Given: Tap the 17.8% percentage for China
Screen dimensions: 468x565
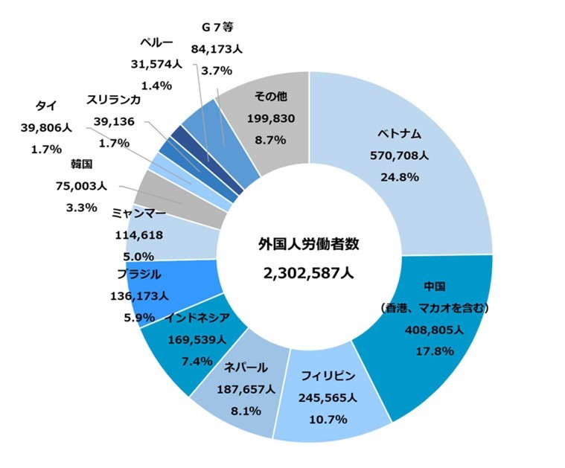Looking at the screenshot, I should pos(434,350).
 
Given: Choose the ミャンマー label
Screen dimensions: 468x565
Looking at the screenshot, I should pos(138,213).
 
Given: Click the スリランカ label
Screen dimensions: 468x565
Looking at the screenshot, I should pos(112,99).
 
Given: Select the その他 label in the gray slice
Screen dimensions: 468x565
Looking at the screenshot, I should pos(270,97).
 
